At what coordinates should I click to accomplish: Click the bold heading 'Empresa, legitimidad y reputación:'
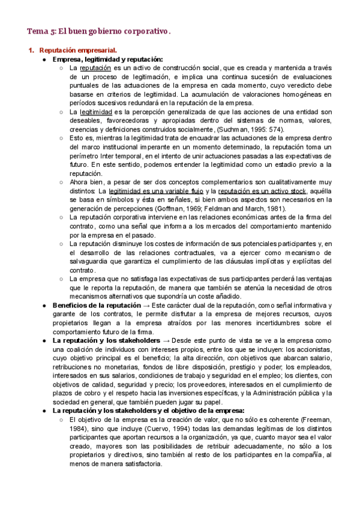108,59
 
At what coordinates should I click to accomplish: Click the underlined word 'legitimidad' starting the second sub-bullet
96,112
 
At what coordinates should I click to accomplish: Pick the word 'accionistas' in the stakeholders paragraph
329,349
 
